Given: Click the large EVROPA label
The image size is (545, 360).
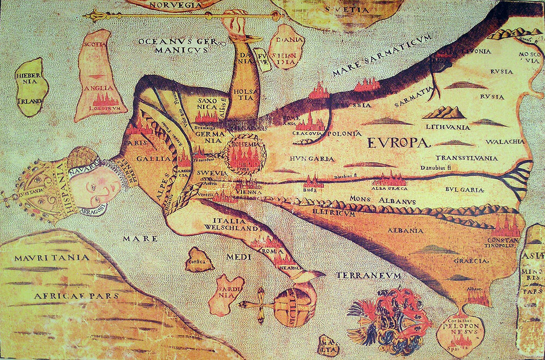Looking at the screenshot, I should (x=399, y=143).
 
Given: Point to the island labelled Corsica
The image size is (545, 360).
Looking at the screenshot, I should (x=199, y=261).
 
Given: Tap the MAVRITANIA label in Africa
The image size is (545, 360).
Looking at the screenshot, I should (x=45, y=257).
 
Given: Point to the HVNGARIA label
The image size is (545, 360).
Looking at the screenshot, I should (x=312, y=159).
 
